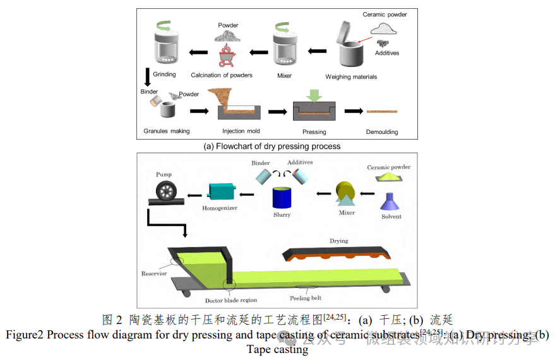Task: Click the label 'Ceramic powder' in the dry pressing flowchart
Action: [x=385, y=14]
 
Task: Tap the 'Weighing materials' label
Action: [x=351, y=76]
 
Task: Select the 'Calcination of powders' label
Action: [x=222, y=75]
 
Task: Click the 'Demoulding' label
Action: [x=382, y=132]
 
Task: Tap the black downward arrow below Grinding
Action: [x=148, y=76]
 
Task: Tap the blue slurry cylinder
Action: [x=282, y=198]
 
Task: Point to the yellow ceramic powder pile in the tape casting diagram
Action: [x=389, y=179]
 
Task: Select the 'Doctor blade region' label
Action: [x=231, y=300]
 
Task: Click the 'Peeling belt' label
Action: [x=306, y=297]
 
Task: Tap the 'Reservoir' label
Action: [x=154, y=273]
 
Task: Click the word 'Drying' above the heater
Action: [x=338, y=241]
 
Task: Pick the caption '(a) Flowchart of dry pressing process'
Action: [x=272, y=147]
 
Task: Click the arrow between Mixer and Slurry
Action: [x=323, y=194]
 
